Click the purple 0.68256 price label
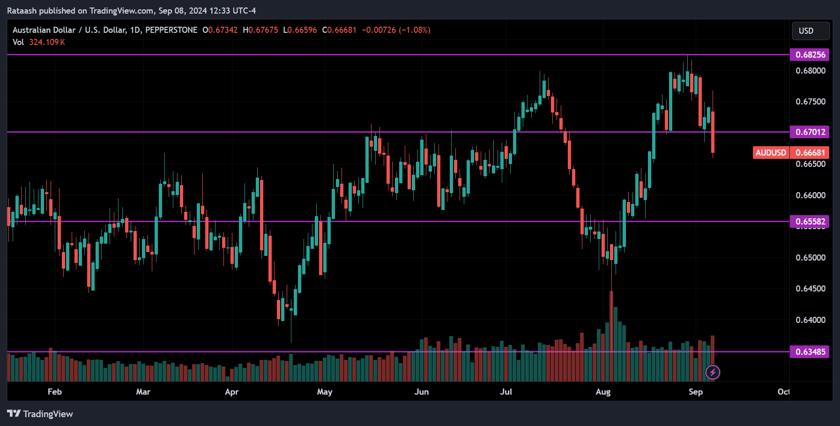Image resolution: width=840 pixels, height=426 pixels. [x=809, y=55]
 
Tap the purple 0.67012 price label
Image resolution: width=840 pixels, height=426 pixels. [x=809, y=132]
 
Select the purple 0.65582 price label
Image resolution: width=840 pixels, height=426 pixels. [x=809, y=222]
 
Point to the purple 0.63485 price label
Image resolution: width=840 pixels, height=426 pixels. [x=809, y=352]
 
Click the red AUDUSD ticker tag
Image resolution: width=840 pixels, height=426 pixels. [x=771, y=153]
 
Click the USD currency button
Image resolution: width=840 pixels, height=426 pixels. [x=810, y=31]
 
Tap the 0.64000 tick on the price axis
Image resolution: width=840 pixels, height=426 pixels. [x=810, y=320]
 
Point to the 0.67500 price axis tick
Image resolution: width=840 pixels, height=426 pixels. [x=810, y=102]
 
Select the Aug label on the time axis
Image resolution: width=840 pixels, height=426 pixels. [x=603, y=392]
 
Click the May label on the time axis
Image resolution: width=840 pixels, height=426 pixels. [x=324, y=392]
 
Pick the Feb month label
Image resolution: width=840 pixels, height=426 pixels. [x=54, y=392]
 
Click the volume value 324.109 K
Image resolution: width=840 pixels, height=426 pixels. [x=47, y=42]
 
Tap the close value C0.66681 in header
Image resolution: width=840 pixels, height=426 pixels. [x=339, y=30]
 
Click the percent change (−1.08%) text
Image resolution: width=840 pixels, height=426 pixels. [x=414, y=30]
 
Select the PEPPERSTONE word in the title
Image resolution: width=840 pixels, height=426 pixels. [x=171, y=30]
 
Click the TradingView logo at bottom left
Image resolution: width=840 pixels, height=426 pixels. [x=40, y=414]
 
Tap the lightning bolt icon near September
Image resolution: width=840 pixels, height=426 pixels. [x=713, y=373]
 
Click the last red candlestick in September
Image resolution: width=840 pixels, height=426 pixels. [x=713, y=132]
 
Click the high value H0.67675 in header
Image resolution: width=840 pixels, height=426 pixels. [x=260, y=30]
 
